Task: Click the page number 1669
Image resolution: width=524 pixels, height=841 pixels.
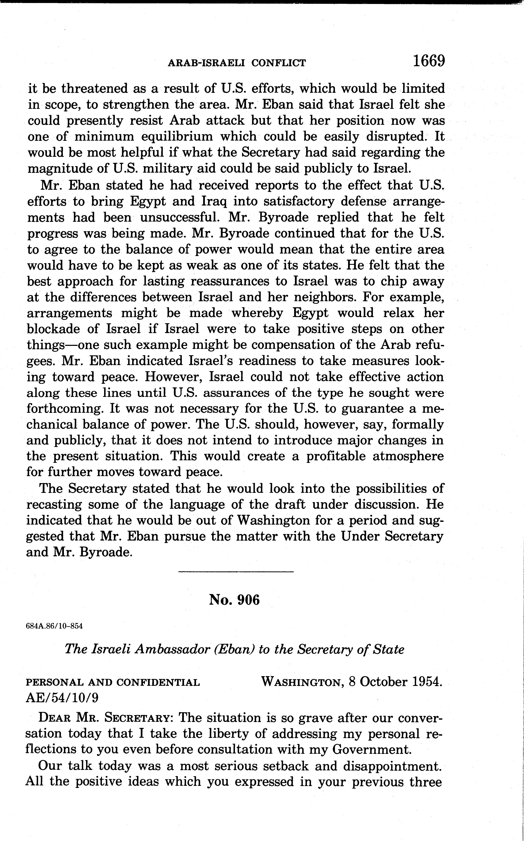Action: [428, 61]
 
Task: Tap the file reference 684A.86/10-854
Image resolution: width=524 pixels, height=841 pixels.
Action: [54, 626]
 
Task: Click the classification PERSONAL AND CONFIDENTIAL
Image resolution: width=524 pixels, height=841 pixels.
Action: [113, 683]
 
